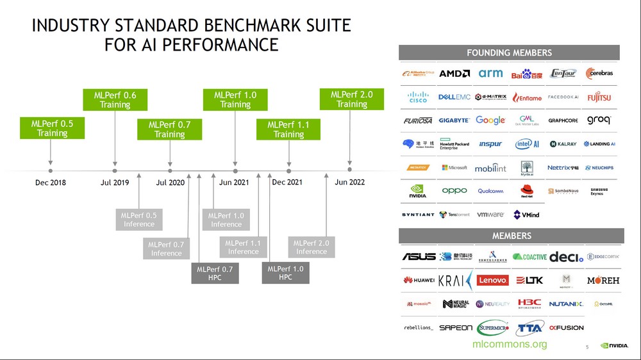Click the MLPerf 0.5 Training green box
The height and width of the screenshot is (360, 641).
pyautogui.click(x=51, y=128)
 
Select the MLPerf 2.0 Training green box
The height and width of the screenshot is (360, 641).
pyautogui.click(x=351, y=99)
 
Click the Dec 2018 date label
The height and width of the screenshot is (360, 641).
pyautogui.click(x=51, y=183)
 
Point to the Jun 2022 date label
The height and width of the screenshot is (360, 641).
pyautogui.click(x=349, y=183)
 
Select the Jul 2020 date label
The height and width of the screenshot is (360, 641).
pyautogui.click(x=170, y=183)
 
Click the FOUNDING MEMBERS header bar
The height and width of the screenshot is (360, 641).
pyautogui.click(x=509, y=53)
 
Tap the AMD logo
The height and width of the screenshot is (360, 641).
pyautogui.click(x=454, y=74)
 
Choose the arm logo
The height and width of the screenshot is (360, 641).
pyautogui.click(x=491, y=74)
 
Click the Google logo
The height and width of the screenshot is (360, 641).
pyautogui.click(x=491, y=120)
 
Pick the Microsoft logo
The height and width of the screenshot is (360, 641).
pyautogui.click(x=454, y=168)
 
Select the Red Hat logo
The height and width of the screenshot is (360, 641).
pyautogui.click(x=528, y=191)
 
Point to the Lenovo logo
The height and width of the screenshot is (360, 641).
pyautogui.click(x=492, y=280)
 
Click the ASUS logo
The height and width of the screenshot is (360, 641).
pyautogui.click(x=419, y=257)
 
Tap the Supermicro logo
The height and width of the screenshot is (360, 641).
pyautogui.click(x=492, y=327)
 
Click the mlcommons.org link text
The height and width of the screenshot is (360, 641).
pyautogui.click(x=510, y=345)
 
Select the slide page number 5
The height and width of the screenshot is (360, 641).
pyautogui.click(x=587, y=347)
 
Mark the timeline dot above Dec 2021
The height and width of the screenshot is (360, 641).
pyautogui.click(x=289, y=171)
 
